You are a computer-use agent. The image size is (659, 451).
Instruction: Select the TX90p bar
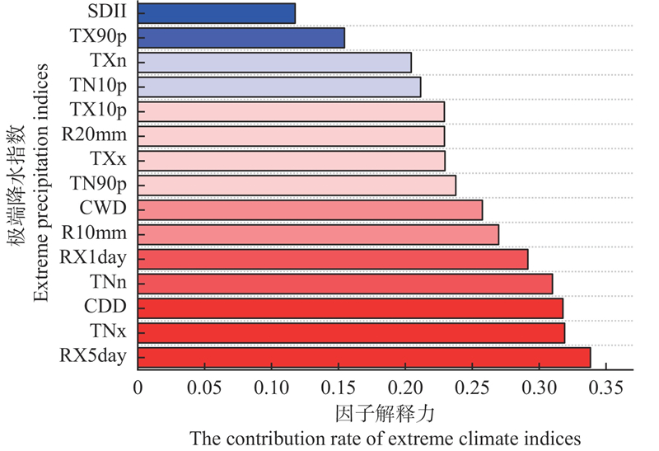pos(241,38)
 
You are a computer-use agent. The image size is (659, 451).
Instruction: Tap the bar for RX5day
pos(364,357)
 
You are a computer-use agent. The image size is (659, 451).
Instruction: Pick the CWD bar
pos(310,209)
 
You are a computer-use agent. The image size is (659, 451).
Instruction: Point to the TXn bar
pos(274,62)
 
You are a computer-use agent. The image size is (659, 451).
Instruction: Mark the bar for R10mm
pos(318,234)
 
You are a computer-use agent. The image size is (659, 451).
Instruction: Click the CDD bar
pos(350,308)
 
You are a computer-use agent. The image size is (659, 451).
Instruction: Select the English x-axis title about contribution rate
pos(385,438)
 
